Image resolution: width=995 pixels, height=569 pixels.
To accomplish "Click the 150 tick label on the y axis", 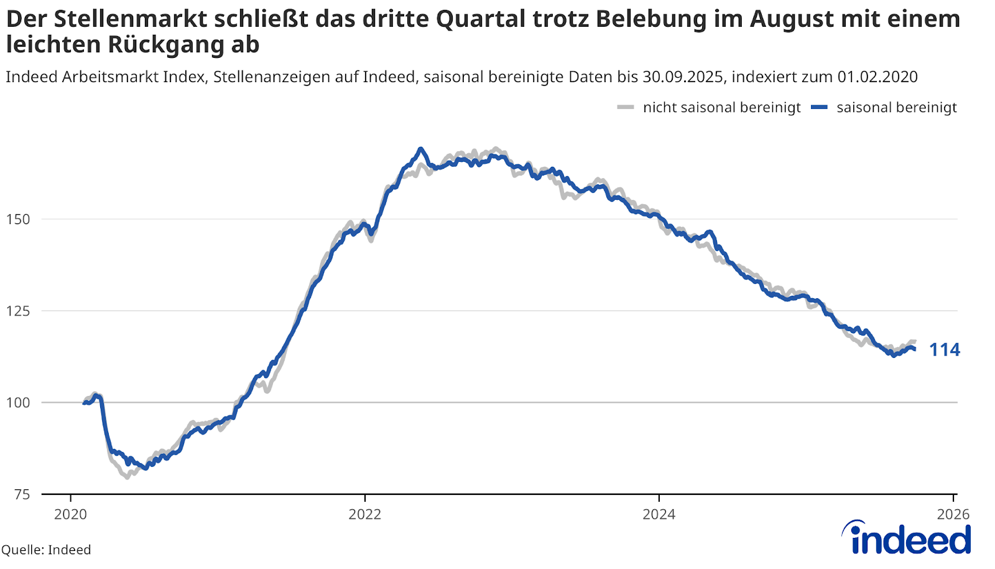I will (17, 219).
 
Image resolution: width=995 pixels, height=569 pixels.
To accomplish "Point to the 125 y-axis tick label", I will (17, 311).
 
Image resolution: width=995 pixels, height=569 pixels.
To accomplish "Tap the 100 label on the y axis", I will (17, 402).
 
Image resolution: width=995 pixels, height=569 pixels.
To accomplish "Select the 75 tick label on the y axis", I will (22, 494).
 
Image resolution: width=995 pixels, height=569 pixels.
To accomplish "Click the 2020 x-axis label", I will (70, 514).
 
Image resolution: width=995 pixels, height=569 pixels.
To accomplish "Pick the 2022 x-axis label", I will (365, 514).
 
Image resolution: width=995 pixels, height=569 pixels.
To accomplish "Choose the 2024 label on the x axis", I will (659, 514).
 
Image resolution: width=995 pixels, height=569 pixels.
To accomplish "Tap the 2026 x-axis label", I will (953, 514).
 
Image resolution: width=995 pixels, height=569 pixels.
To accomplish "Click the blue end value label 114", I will (945, 350).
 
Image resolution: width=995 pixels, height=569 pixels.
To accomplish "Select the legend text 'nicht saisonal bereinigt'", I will (721, 108).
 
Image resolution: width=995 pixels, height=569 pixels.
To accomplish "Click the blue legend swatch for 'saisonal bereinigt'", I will (820, 108).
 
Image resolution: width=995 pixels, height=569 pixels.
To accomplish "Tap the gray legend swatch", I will (626, 108).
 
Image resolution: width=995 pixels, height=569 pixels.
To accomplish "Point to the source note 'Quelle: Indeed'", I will (47, 550).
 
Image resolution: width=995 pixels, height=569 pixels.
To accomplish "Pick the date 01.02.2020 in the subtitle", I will (877, 77).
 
